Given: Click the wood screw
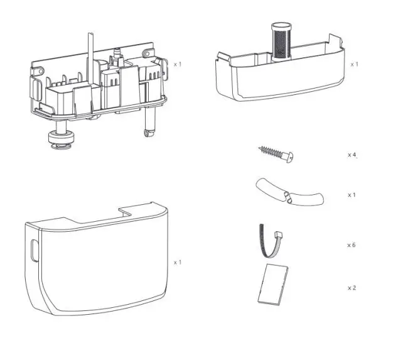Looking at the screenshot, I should pyautogui.click(x=277, y=152).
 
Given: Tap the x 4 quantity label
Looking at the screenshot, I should pyautogui.click(x=352, y=154).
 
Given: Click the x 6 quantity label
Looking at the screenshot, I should pyautogui.click(x=351, y=244).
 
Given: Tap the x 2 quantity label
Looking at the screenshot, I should pyautogui.click(x=351, y=288).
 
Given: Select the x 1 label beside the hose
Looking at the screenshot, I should pyautogui.click(x=351, y=195).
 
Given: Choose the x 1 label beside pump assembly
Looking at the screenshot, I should pyautogui.click(x=178, y=64).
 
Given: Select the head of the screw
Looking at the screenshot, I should pyautogui.click(x=291, y=155).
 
